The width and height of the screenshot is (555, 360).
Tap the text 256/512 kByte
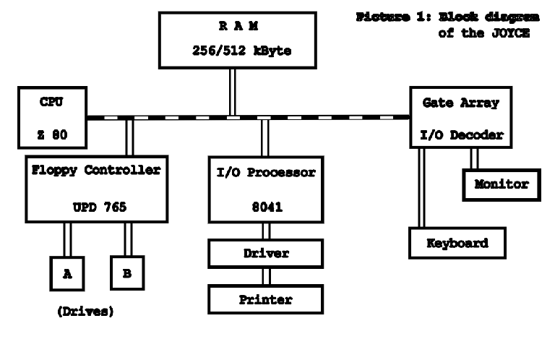click(x=233, y=53)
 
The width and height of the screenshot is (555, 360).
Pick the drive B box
click(x=128, y=273)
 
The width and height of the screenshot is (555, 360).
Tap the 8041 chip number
click(x=264, y=206)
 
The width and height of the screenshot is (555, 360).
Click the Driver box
click(x=264, y=254)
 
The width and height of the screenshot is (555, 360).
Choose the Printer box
click(x=264, y=299)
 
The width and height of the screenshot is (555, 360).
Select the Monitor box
click(x=502, y=184)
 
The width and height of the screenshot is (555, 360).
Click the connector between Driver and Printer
click(x=264, y=276)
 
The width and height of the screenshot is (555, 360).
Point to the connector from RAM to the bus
click(x=233, y=93)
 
